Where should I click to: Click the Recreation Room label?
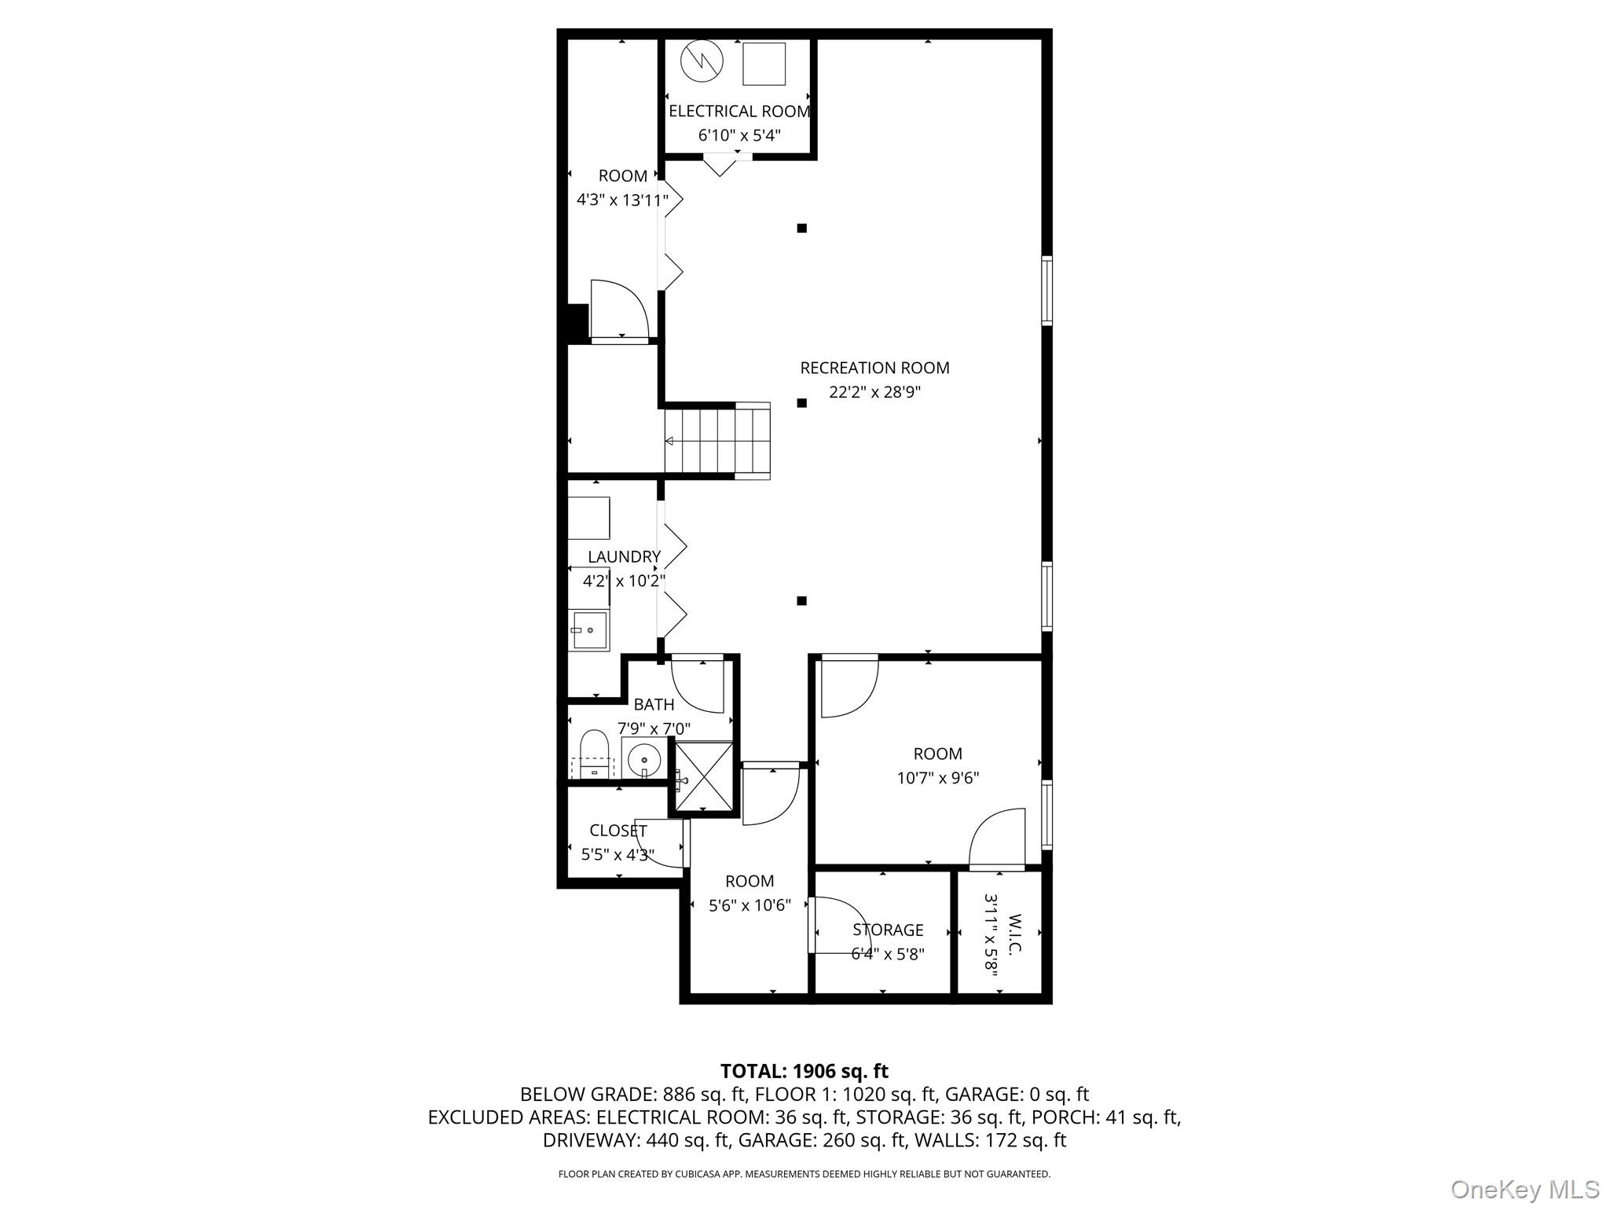(x=874, y=368)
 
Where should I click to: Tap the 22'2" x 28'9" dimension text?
(x=874, y=392)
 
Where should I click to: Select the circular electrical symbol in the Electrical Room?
(x=702, y=61)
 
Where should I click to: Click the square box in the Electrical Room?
(x=764, y=64)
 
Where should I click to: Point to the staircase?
(x=717, y=441)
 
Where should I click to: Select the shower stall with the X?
(x=704, y=776)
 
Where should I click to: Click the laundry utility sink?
(x=588, y=629)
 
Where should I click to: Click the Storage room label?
(x=888, y=930)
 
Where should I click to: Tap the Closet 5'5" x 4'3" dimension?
(x=618, y=855)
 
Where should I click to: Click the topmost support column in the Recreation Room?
(x=802, y=229)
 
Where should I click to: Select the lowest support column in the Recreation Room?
(x=802, y=601)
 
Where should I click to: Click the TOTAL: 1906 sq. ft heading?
(x=804, y=1071)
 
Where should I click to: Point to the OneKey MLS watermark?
(x=1524, y=1189)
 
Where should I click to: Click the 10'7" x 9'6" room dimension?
(x=938, y=779)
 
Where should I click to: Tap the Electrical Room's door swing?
(x=719, y=167)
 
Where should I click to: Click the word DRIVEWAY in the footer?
(x=591, y=1140)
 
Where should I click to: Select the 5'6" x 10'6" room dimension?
(x=750, y=906)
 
